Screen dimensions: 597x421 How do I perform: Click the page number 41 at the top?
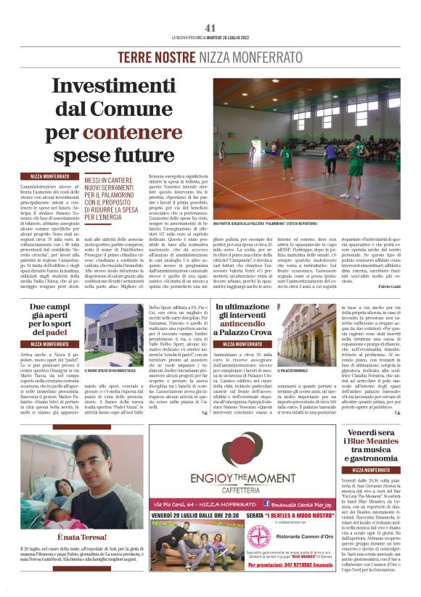pos(210,28)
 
